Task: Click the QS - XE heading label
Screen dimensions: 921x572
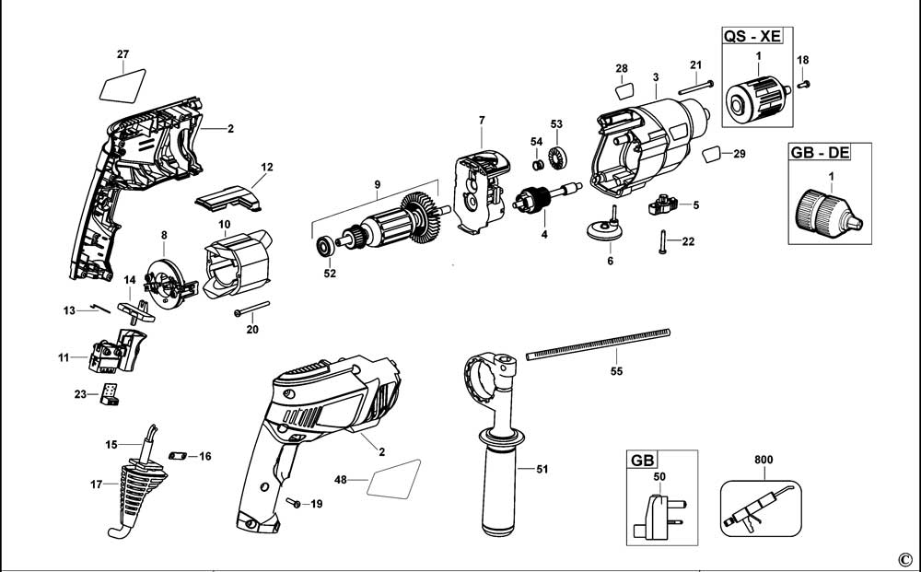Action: (752, 36)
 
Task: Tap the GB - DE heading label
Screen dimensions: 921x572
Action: (820, 153)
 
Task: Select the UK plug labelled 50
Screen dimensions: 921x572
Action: (659, 516)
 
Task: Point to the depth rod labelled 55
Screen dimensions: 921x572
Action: (598, 344)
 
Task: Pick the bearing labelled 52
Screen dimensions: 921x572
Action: (323, 246)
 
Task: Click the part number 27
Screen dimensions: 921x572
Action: (122, 54)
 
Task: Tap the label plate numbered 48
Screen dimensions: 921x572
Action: (394, 479)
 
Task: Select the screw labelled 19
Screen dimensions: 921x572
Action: (293, 502)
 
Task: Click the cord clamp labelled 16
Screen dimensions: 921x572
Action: (177, 456)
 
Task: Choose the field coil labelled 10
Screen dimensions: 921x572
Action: (236, 263)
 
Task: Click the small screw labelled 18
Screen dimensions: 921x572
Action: (803, 85)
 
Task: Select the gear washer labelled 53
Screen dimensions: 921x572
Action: (556, 158)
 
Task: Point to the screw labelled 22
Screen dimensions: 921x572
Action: (662, 242)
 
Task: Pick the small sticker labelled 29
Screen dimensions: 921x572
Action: (712, 155)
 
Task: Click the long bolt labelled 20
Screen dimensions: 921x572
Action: (251, 309)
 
